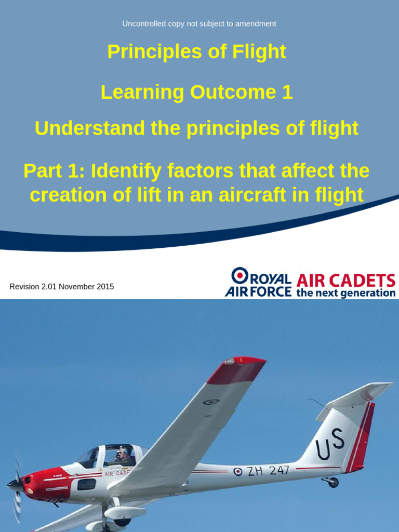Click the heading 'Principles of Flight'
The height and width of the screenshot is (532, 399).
[x=196, y=52]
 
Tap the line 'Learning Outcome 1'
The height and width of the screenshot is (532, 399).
[x=196, y=92]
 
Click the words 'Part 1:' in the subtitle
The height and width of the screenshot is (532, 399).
[x=54, y=171]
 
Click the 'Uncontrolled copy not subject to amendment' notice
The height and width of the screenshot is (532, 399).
[x=199, y=23]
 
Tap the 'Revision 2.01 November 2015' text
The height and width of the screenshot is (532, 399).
[x=62, y=286]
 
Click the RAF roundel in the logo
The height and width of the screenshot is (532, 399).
[x=240, y=275]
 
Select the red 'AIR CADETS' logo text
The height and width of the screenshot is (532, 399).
[x=345, y=281]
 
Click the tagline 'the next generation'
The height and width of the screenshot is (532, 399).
[x=345, y=293]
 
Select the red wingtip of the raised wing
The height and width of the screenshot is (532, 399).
[x=237, y=370]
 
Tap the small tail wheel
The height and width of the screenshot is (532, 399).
[x=332, y=483]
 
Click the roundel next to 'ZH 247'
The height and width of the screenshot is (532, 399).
[x=238, y=472]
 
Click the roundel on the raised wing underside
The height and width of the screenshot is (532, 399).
[x=210, y=402]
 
